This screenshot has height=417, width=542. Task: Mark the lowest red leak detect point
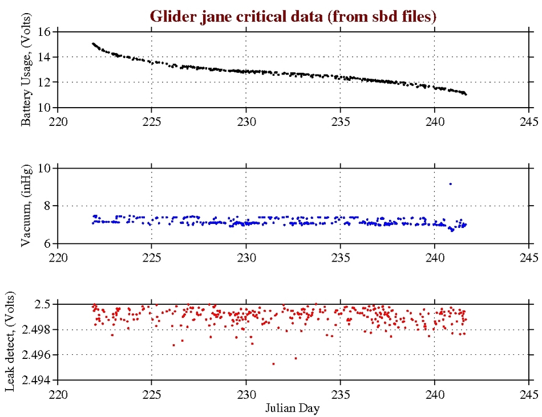click(x=273, y=363)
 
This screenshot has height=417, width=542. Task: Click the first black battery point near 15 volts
click(x=93, y=43)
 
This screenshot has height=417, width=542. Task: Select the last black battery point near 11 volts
click(x=466, y=94)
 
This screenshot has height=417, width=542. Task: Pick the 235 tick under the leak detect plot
click(x=341, y=394)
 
